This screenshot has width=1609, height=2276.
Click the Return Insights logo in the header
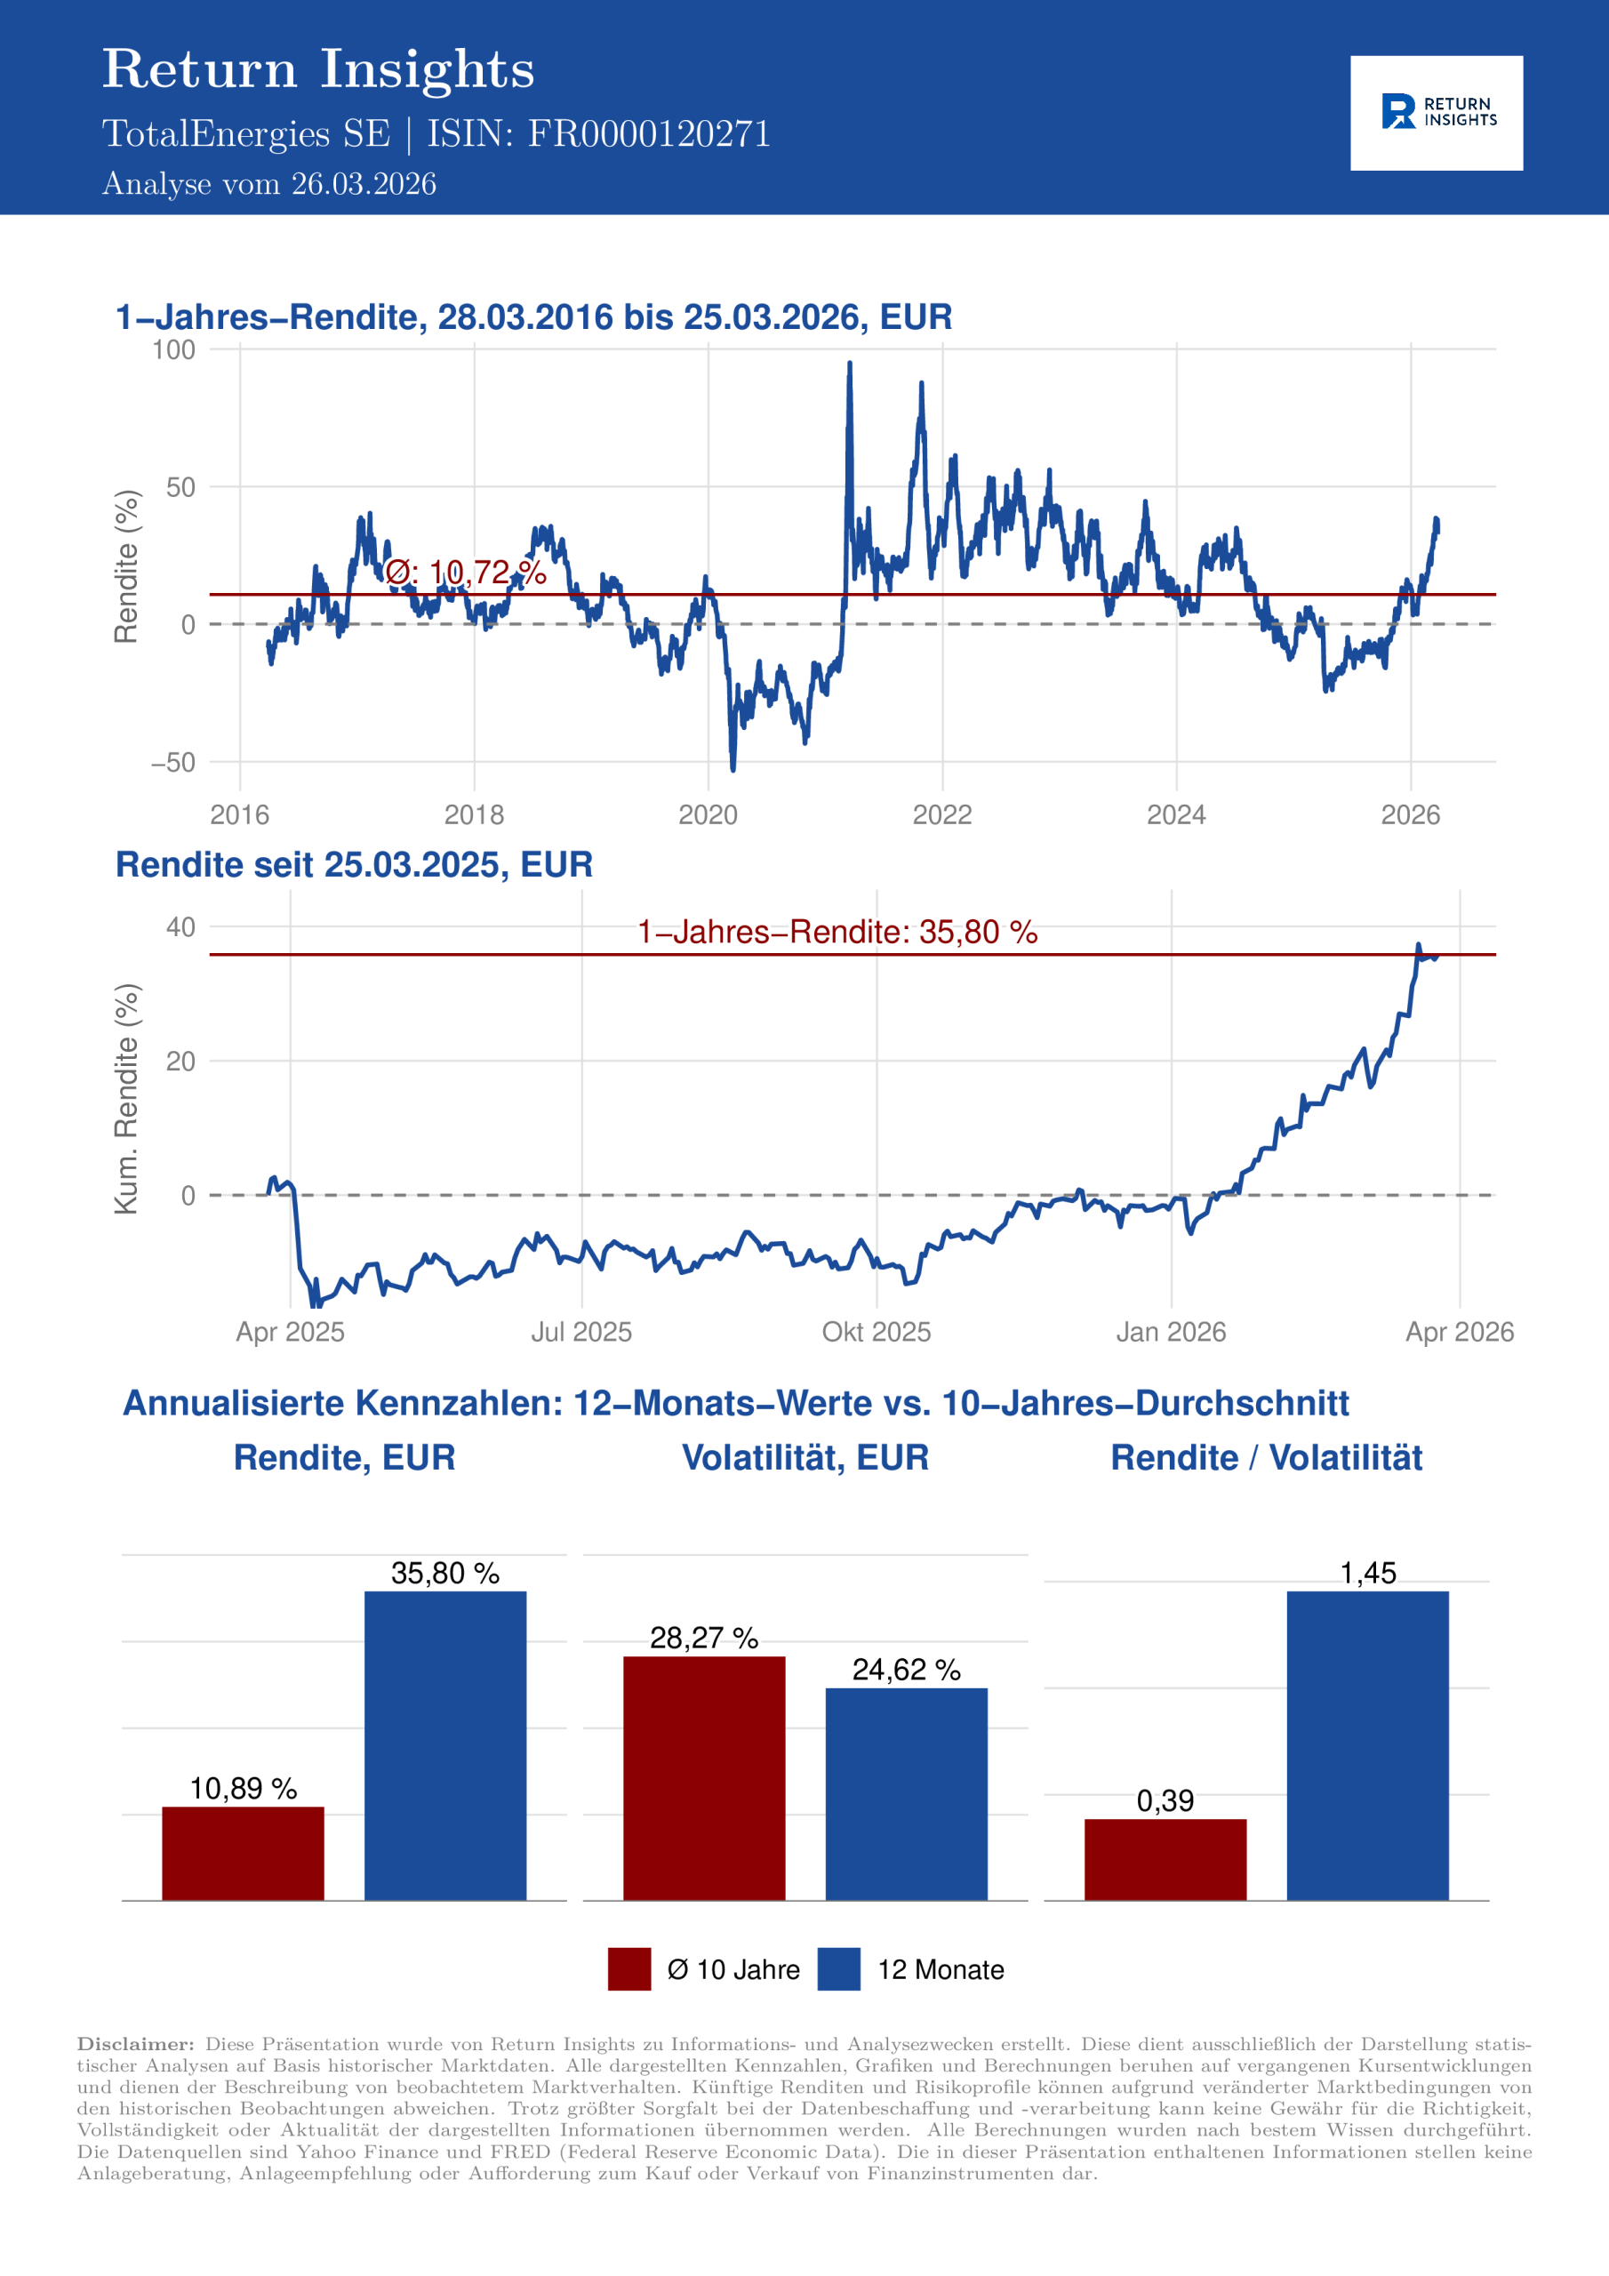pos(1436,112)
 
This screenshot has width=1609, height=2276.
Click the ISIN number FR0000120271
pos(648,134)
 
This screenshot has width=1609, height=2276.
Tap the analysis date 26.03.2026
pos(363,184)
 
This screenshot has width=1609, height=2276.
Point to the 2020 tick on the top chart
pos(708,815)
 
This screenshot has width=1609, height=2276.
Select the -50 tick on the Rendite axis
pos(173,762)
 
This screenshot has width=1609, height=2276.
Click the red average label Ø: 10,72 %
pos(465,572)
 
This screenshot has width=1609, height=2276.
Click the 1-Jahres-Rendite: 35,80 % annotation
pos(837,932)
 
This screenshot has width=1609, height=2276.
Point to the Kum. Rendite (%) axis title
pos(126,1098)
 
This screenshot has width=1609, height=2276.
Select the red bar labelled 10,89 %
pos(243,1853)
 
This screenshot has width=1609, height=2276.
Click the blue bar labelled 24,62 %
pos(906,1793)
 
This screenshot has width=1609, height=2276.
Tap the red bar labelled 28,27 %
pos(704,1777)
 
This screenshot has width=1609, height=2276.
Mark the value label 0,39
pos(1165,1800)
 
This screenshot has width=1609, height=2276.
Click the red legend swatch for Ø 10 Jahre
pos(629,1968)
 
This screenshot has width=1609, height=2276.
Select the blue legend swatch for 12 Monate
pos(838,1968)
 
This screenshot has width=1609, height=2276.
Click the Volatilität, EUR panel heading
pos(805,1457)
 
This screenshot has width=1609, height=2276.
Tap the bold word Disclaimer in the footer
pos(136,2043)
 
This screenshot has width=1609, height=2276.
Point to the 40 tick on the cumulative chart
pos(181,927)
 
